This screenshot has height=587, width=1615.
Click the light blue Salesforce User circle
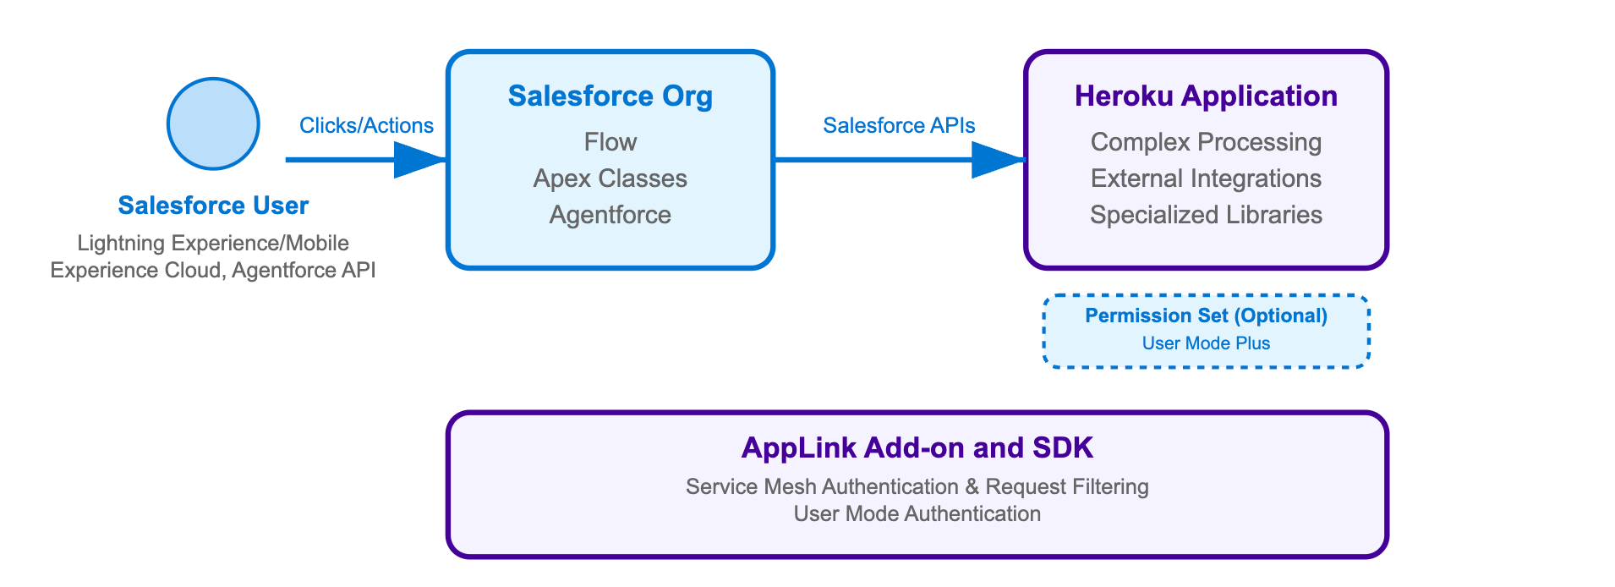(x=213, y=124)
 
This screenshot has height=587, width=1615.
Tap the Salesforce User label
(x=213, y=206)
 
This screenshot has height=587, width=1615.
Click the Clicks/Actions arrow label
(x=366, y=126)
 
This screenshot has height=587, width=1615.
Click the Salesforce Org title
(x=610, y=96)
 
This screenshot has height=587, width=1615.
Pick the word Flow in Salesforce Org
(x=610, y=142)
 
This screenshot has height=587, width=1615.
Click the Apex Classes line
(x=610, y=178)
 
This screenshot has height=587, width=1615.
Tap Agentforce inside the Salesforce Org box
(x=610, y=215)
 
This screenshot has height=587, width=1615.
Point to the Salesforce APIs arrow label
(x=899, y=126)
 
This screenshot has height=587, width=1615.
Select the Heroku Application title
(x=1206, y=96)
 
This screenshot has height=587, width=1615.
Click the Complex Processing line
(x=1206, y=142)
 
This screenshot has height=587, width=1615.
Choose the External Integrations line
(x=1206, y=178)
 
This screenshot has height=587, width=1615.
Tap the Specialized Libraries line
(x=1206, y=215)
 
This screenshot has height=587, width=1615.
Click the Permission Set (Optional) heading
(x=1206, y=315)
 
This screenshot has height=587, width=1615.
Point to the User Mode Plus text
(x=1206, y=343)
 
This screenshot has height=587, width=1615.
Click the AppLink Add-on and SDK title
(x=917, y=447)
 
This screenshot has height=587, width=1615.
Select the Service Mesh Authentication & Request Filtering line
(x=917, y=486)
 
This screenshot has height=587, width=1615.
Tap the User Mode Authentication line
(x=917, y=513)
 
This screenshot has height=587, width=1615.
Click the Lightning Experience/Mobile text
(x=213, y=244)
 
